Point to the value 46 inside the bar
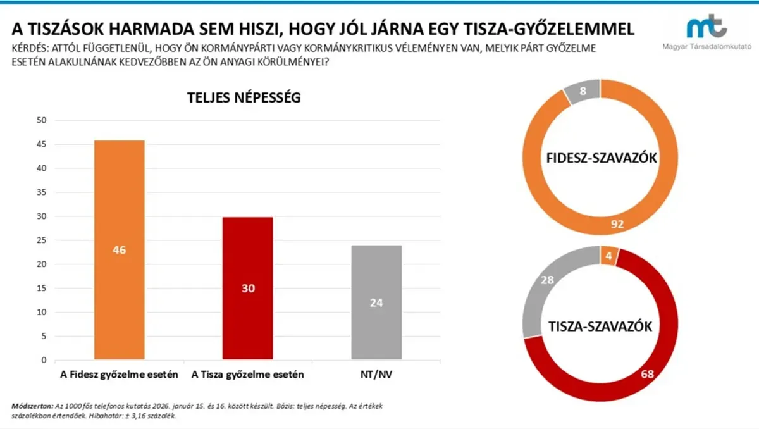(x=119, y=250)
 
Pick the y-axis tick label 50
(x=42, y=120)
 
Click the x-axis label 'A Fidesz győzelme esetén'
(x=119, y=375)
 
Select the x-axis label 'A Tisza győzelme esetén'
(x=248, y=375)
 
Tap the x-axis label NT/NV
(x=376, y=375)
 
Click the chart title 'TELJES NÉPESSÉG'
(x=244, y=98)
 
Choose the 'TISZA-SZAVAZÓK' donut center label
(x=600, y=326)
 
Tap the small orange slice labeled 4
(x=608, y=256)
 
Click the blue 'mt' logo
(x=707, y=27)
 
